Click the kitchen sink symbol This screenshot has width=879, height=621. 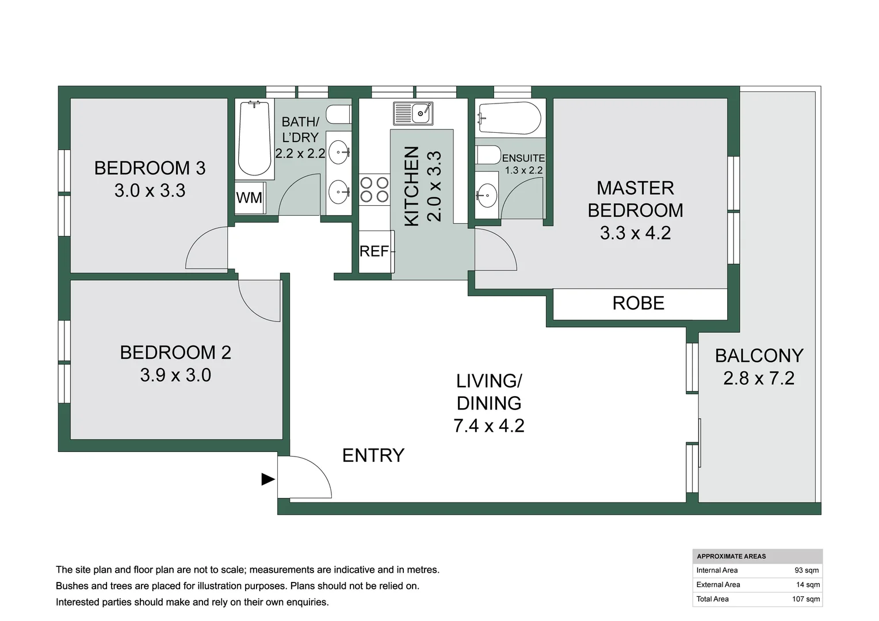click(x=413, y=113)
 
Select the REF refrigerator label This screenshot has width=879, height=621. click(x=374, y=251)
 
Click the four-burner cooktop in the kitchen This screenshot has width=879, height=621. click(x=374, y=190)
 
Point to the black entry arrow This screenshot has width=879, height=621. click(x=268, y=479)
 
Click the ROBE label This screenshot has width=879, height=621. click(x=639, y=303)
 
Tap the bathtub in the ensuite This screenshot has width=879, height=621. click(x=509, y=118)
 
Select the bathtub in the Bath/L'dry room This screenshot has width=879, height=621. click(x=255, y=138)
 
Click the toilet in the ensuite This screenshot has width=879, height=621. click(x=488, y=155)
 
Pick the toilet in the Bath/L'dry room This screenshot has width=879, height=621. click(x=339, y=114)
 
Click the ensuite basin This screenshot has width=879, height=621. click(x=487, y=195)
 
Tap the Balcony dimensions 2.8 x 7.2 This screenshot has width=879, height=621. click(x=759, y=378)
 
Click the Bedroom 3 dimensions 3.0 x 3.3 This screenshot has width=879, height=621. click(x=150, y=191)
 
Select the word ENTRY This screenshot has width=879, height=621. click(x=373, y=455)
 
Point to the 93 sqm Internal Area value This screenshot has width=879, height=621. click(x=807, y=570)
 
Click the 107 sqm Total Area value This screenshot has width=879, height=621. click(x=806, y=599)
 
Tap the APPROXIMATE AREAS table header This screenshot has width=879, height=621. click(x=732, y=556)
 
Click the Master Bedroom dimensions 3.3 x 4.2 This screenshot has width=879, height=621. click(x=635, y=233)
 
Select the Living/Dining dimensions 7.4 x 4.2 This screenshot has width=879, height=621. click(x=489, y=425)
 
